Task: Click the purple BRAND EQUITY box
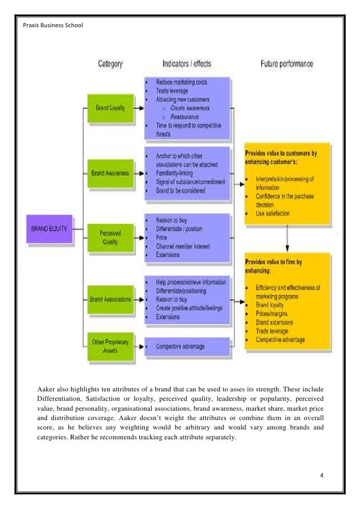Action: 50,229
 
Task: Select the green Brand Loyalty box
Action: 111,108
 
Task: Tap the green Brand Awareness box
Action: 111,174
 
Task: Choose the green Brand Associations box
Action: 111,299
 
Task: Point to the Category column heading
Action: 111,64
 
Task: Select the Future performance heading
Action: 287,64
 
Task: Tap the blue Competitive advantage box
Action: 180,346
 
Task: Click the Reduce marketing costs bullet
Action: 181,82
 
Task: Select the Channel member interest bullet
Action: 182,246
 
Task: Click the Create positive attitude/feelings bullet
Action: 189,308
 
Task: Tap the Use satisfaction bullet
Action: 273,213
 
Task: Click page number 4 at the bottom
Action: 322,475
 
